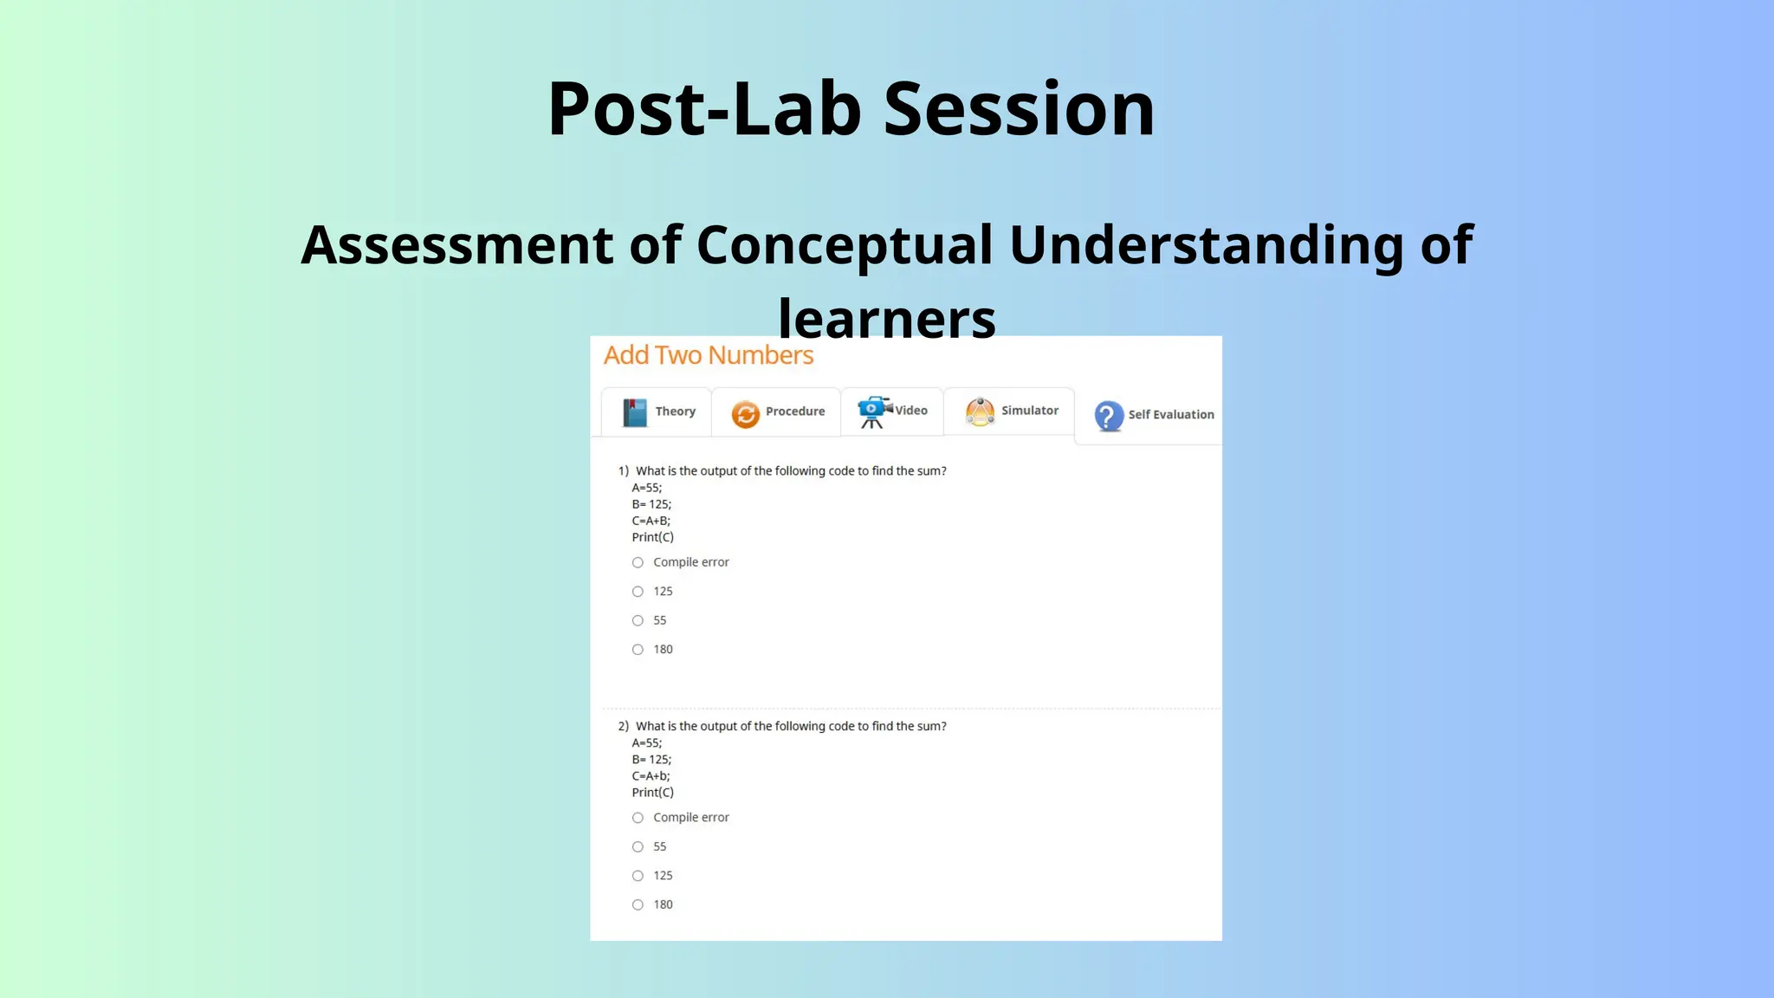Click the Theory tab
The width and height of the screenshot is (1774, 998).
[x=657, y=412]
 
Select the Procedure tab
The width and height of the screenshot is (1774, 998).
[x=777, y=412]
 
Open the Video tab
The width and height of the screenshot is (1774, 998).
[x=892, y=411]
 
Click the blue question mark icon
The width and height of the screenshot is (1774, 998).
[x=1109, y=416]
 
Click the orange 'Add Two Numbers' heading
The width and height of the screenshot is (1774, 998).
[x=708, y=355]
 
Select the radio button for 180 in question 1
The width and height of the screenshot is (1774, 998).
[x=638, y=650]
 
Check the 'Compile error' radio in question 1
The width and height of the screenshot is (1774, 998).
[x=638, y=563]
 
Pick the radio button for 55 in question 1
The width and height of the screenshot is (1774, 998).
[x=638, y=620]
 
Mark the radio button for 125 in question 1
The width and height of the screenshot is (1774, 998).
[x=638, y=592]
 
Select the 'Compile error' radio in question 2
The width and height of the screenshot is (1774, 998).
[x=638, y=818]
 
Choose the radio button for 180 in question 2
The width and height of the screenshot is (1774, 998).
[x=638, y=904]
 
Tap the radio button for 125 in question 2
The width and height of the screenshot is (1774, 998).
[x=638, y=876]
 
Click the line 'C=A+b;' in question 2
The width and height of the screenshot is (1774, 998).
[x=651, y=776]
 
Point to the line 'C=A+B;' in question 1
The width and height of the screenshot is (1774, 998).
[x=651, y=521]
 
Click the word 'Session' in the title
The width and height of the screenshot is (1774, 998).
[x=1019, y=109]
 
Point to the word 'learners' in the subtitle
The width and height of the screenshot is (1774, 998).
[x=887, y=319]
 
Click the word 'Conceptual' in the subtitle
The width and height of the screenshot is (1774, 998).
[x=844, y=245]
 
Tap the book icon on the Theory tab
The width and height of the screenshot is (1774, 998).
[x=635, y=412]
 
